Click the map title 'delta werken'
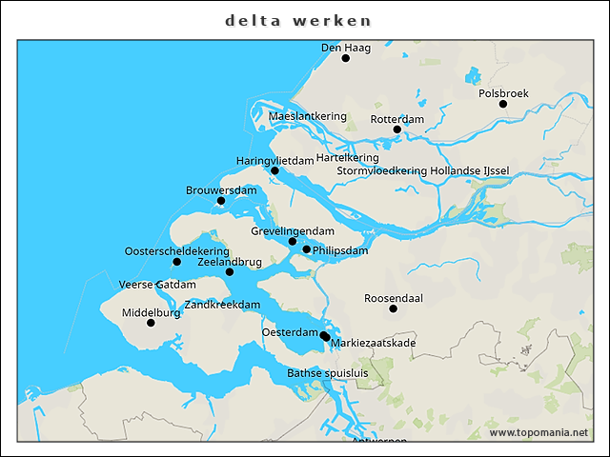[x=298, y=20]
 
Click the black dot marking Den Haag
[x=346, y=58]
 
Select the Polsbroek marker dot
[x=503, y=104]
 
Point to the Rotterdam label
[x=396, y=119]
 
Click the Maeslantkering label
[x=308, y=116]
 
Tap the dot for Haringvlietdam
[x=274, y=171]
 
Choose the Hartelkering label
[x=347, y=157]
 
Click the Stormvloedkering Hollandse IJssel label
[x=423, y=170]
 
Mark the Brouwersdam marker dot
[x=221, y=201]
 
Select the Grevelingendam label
[x=293, y=231]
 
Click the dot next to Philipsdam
[x=307, y=249]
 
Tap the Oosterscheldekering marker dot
[x=176, y=262]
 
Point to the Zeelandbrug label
[x=230, y=261]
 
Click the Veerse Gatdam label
[x=157, y=285]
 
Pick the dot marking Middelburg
[x=151, y=323]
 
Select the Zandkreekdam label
[x=222, y=305]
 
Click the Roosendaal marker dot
[x=393, y=308]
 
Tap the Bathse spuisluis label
[x=327, y=373]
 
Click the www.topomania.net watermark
[x=539, y=432]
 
